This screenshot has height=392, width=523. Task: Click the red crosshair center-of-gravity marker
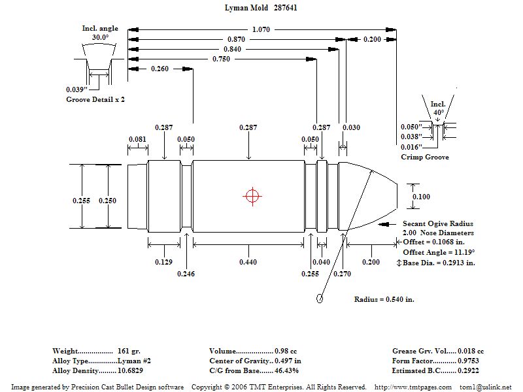[252, 195]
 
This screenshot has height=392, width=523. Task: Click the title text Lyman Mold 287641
[260, 8]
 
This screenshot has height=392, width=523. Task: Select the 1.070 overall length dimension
[260, 29]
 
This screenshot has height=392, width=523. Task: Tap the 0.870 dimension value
[237, 40]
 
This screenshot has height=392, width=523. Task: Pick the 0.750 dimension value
[222, 59]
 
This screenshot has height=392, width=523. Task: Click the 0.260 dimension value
[160, 69]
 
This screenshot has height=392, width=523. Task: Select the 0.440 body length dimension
[248, 262]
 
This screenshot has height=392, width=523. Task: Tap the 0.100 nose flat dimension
[422, 196]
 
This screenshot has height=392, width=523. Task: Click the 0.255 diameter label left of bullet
[81, 201]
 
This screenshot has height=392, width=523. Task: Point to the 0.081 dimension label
[137, 139]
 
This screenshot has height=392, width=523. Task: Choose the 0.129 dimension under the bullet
[164, 262]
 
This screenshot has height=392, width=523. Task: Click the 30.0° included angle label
[100, 37]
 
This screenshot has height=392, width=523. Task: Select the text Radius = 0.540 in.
[384, 299]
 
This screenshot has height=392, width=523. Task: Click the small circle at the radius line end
[320, 299]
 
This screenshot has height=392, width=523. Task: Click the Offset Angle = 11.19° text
[438, 252]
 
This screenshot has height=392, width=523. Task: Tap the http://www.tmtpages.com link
[413, 387]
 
